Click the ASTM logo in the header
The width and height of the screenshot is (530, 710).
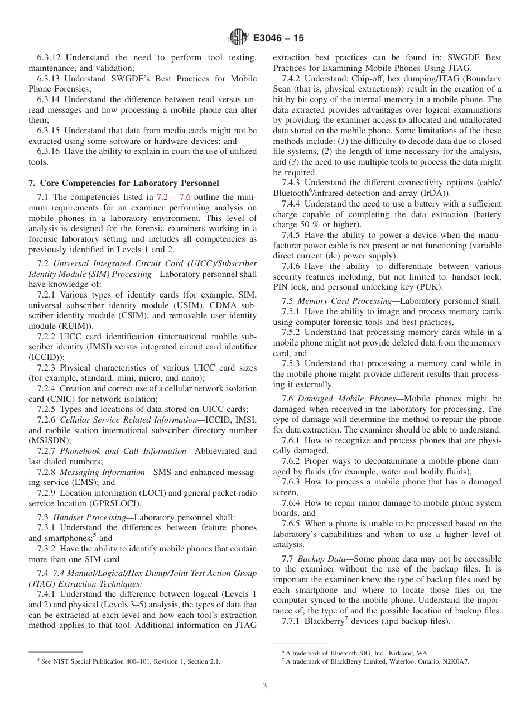point(238,38)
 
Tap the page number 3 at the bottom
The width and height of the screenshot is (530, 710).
point(265,686)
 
